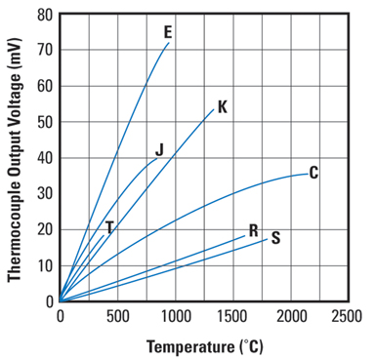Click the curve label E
pyautogui.click(x=168, y=32)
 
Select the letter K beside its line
pyautogui.click(x=223, y=106)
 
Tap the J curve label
pyautogui.click(x=159, y=150)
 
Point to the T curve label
pyautogui.click(x=109, y=227)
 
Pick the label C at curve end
pyautogui.click(x=313, y=173)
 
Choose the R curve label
pyautogui.click(x=253, y=231)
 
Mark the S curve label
pyautogui.click(x=275, y=237)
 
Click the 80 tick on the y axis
pyautogui.click(x=44, y=15)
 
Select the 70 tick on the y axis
pyautogui.click(x=44, y=50)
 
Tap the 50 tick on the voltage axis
pyautogui.click(x=44, y=122)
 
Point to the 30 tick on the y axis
pyautogui.click(x=44, y=193)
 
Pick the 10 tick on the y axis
pyautogui.click(x=44, y=265)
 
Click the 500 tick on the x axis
pyautogui.click(x=117, y=316)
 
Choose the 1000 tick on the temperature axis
pyautogui.click(x=175, y=316)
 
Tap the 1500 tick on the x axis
pyautogui.click(x=232, y=316)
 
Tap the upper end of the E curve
pyautogui.click(x=168, y=43)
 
